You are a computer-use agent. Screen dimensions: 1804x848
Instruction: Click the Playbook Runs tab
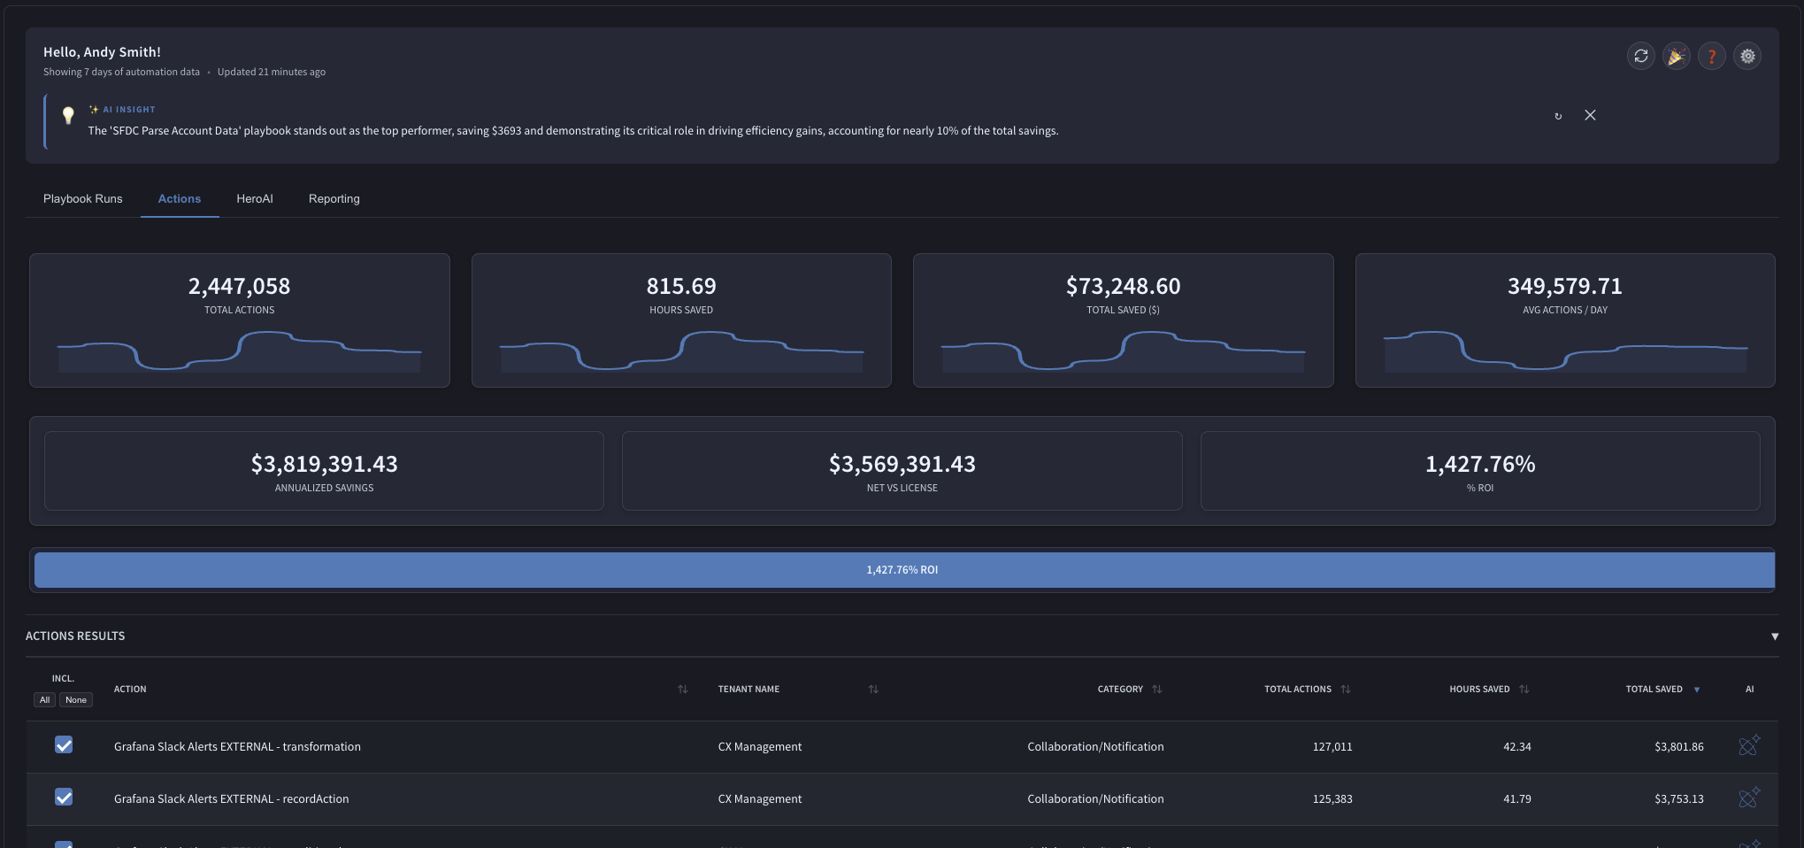point(83,199)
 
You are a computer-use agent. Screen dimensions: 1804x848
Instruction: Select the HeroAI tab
point(255,199)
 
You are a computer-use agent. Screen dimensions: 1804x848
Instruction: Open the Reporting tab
point(334,199)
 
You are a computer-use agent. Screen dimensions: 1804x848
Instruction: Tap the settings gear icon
point(1747,57)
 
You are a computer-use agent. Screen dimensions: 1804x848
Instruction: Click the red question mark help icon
point(1712,57)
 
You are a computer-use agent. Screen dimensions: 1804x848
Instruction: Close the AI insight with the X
point(1590,115)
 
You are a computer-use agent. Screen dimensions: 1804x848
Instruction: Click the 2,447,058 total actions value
point(239,286)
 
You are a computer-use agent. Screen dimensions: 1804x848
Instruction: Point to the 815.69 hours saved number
point(681,286)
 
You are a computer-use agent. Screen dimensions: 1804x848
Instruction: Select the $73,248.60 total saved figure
point(1123,286)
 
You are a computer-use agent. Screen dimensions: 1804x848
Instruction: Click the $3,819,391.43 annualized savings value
point(324,464)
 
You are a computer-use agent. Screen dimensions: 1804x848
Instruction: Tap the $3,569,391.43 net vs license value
point(902,464)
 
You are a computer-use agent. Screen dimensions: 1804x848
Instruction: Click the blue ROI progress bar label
point(902,570)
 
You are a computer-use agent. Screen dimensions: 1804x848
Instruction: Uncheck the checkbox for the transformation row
point(64,745)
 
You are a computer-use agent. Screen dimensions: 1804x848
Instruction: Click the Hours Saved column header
point(1479,690)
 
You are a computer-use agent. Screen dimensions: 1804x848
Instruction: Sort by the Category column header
point(1120,690)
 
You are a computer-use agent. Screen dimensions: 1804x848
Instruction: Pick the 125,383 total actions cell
point(1332,799)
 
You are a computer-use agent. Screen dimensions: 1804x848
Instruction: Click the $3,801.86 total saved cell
point(1679,747)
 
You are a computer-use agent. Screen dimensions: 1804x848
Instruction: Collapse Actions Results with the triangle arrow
point(1775,636)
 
